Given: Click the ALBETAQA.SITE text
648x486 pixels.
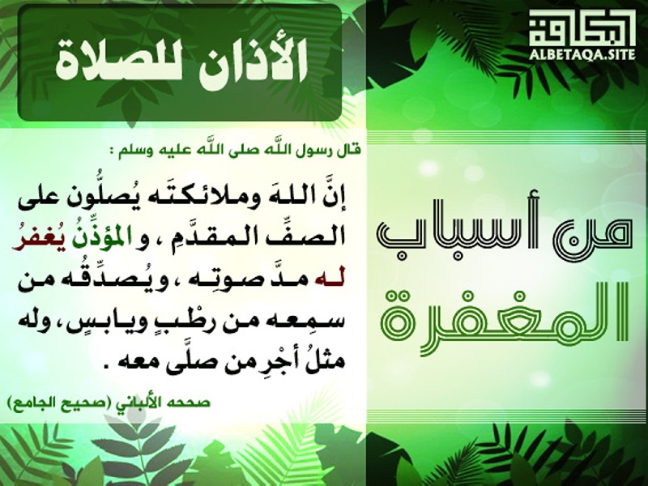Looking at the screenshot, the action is [x=582, y=54].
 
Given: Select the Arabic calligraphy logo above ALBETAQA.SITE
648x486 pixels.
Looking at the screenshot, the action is [x=582, y=28].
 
